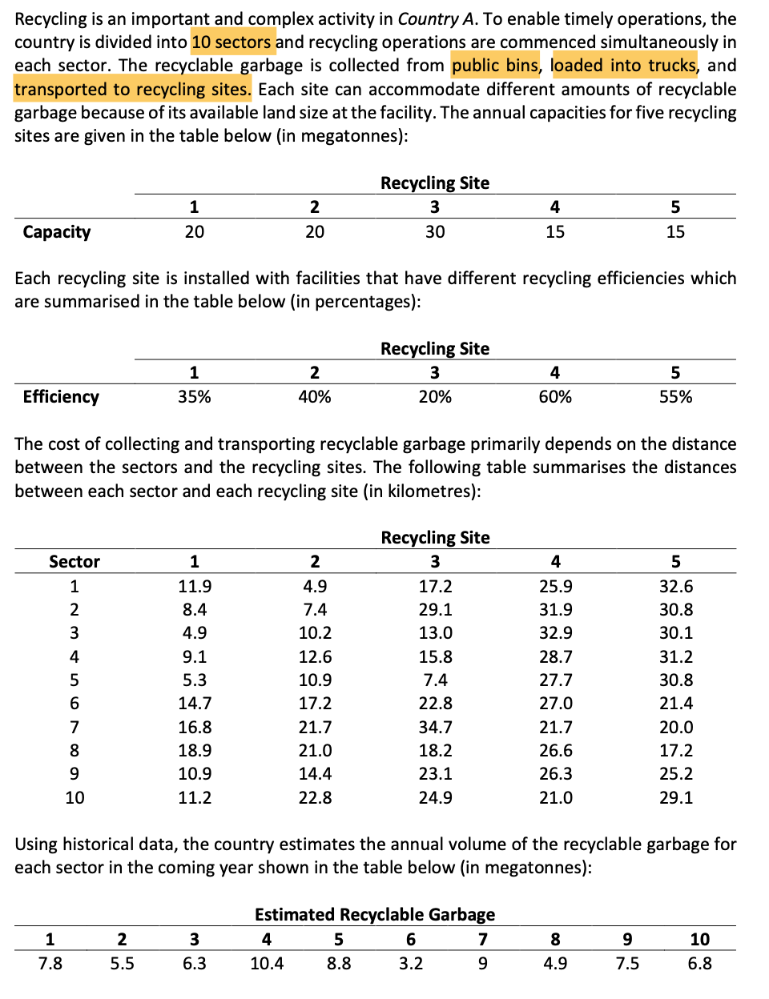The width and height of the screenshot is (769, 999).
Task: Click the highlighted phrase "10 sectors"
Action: coord(232,42)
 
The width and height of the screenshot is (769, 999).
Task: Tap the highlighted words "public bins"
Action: coord(494,65)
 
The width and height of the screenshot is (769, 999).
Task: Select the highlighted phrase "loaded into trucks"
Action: coord(623,65)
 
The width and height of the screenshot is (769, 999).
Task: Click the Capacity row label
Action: coord(57,232)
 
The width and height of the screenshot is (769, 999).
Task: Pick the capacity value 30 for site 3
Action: coord(435,232)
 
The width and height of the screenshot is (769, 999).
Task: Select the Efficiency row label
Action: coord(61,397)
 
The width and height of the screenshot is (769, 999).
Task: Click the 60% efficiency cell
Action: coord(555,397)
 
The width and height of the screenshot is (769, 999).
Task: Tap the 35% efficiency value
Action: coord(194,397)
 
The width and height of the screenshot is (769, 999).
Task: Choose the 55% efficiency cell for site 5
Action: coord(675,397)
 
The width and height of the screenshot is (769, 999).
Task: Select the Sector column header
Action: coord(74,562)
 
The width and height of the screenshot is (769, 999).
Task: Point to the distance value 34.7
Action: coord(435,728)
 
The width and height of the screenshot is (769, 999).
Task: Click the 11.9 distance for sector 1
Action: coord(195,587)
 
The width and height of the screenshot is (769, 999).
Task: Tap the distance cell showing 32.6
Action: coord(675,587)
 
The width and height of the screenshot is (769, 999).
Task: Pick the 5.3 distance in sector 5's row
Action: coord(195,680)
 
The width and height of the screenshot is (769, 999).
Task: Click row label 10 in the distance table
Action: coord(74,798)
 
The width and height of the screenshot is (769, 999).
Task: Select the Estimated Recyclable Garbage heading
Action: coord(375,915)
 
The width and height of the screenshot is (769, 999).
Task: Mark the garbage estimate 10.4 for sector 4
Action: coord(267,964)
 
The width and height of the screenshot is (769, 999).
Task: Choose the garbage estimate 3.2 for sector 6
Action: coord(411,964)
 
